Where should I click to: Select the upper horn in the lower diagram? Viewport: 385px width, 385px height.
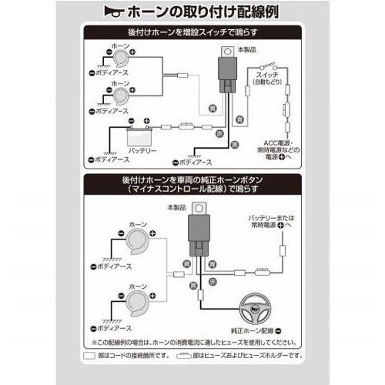pyautogui.click(x=138, y=244)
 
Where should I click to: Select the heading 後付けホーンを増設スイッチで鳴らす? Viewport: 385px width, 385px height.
pyautogui.click(x=192, y=33)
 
